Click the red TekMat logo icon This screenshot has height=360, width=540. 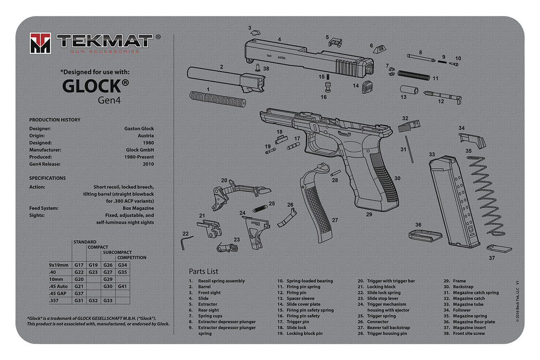pos(40,43)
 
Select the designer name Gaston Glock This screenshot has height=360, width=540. pos(139,129)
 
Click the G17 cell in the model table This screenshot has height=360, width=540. pos(79,265)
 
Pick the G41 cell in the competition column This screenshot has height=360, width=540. pos(122,286)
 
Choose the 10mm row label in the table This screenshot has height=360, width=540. pos(56,279)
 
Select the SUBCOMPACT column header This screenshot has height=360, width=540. pos(116,252)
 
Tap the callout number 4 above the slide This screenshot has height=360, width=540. pos(279,39)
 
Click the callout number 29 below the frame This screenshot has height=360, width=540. pos(369,214)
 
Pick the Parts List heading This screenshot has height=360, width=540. pos(203,271)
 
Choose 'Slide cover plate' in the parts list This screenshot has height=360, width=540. pos(303,304)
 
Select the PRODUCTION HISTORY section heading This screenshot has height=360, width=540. pos(55,120)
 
